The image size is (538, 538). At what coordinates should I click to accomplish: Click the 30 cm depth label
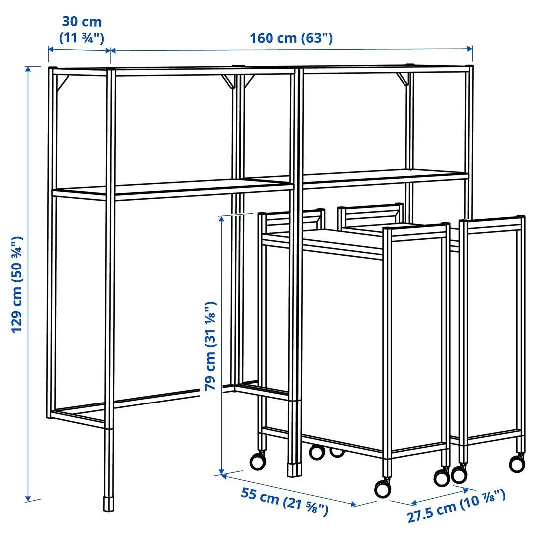click(x=81, y=22)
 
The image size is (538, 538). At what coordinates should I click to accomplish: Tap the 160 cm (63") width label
click(x=291, y=38)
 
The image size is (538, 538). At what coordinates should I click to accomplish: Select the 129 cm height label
click(x=18, y=284)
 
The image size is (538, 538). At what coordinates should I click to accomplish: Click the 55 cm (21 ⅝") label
click(x=284, y=501)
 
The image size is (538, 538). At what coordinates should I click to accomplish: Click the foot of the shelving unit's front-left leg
click(x=108, y=503)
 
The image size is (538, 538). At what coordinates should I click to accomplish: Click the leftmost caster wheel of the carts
click(x=258, y=461)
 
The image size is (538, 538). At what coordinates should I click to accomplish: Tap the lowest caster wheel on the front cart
click(x=383, y=488)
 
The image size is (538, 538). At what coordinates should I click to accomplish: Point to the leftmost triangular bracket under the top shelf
click(x=62, y=83)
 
